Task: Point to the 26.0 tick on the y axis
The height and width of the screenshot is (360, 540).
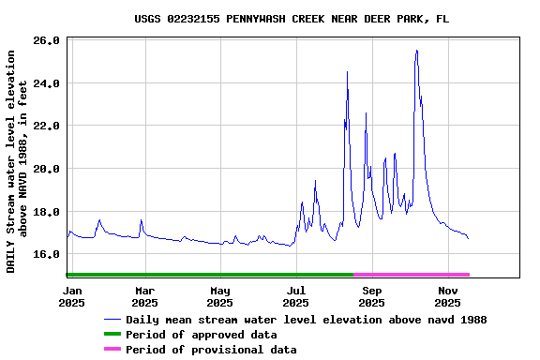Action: click(46, 41)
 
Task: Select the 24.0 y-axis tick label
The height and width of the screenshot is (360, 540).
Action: click(46, 83)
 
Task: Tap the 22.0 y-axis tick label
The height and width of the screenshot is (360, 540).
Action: click(46, 126)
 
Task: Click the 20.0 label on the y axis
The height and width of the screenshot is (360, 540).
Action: click(46, 169)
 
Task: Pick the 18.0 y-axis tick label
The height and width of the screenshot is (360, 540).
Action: click(46, 212)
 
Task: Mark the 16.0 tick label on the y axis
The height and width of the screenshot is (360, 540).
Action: click(46, 254)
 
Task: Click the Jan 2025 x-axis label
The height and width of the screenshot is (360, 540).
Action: click(71, 296)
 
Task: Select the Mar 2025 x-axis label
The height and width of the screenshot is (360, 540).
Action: click(144, 296)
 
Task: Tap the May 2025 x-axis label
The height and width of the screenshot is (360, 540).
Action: click(219, 296)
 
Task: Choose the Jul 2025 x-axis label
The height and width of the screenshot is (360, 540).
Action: click(295, 296)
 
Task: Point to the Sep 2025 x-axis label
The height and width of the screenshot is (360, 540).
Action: click(371, 296)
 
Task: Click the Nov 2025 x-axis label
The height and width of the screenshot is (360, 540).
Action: click(447, 296)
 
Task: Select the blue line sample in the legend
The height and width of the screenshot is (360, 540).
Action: click(112, 320)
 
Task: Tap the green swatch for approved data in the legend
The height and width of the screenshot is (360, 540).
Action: click(112, 335)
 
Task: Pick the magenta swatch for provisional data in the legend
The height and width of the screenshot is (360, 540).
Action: click(112, 350)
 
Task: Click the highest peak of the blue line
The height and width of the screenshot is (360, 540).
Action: click(416, 51)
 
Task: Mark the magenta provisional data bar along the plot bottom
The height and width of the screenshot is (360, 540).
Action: click(411, 275)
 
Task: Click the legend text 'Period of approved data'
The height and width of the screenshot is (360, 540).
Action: click(201, 335)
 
